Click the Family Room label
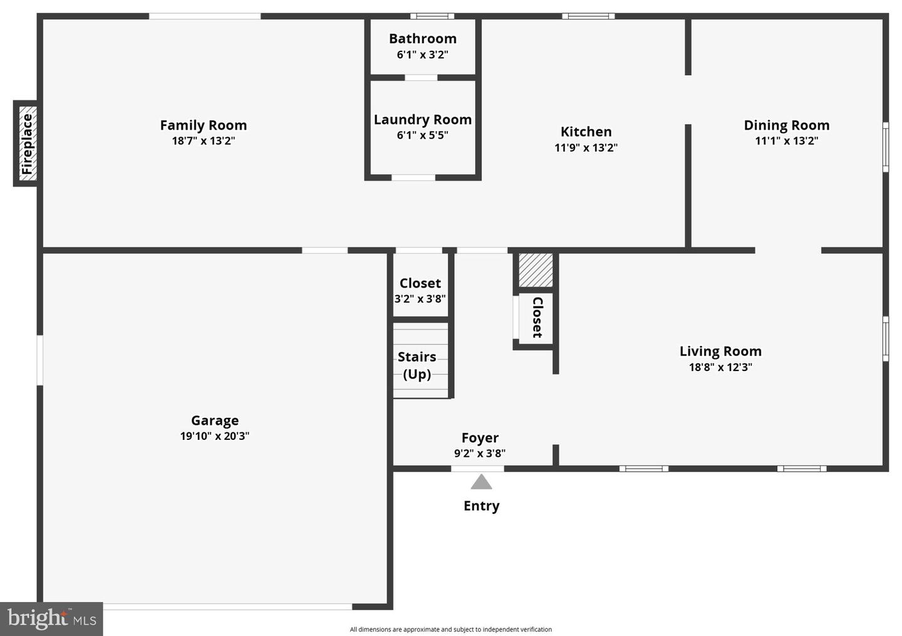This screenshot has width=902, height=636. (203, 125)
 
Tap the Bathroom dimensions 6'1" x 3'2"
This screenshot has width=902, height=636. (422, 55)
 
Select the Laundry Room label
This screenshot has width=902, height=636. (422, 120)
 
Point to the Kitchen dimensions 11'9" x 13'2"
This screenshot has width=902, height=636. (586, 148)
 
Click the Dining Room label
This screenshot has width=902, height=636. (786, 125)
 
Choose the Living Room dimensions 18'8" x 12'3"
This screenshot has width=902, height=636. (720, 367)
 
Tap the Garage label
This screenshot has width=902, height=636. (215, 420)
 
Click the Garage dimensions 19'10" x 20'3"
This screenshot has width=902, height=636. (215, 436)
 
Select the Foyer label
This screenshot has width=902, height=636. (480, 438)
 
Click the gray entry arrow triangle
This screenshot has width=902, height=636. (481, 482)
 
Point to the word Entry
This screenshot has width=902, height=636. (481, 506)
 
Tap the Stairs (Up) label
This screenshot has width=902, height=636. (417, 365)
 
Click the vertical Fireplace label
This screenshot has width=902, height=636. (26, 144)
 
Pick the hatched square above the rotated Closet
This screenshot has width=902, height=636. (536, 270)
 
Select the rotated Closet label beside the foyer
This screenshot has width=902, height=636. (537, 317)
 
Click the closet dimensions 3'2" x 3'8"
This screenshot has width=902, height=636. (420, 299)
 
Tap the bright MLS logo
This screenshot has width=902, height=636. (51, 619)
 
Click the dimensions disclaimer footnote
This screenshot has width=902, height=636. (450, 629)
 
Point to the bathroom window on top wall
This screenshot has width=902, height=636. (432, 16)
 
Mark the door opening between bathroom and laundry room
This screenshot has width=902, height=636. (421, 78)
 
